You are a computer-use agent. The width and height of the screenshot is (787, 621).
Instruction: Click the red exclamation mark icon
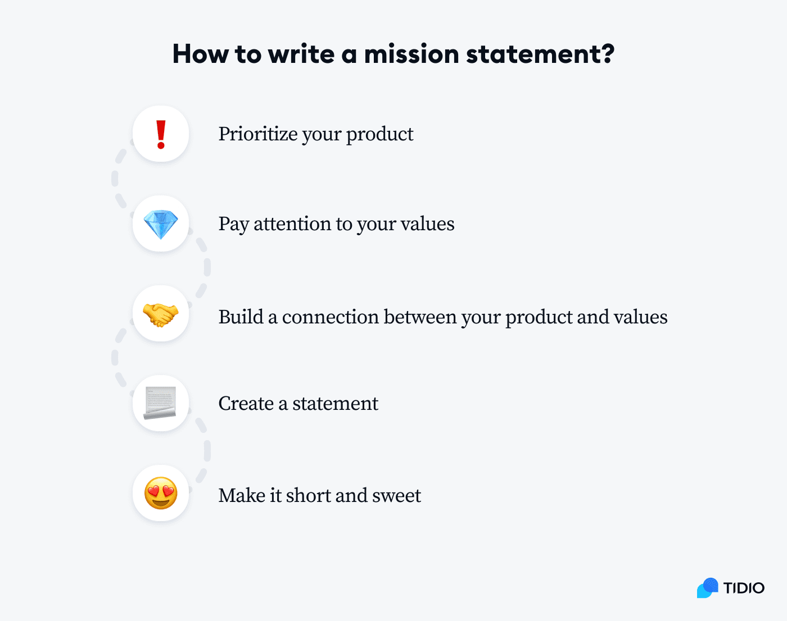(161, 135)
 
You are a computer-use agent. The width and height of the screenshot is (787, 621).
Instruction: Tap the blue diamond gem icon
(161, 225)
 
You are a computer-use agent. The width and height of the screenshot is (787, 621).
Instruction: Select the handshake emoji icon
(161, 314)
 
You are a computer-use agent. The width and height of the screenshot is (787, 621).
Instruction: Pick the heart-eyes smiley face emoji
(161, 494)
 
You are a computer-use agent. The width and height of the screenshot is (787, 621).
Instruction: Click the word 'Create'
(246, 404)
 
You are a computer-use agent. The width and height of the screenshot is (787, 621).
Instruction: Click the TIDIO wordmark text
(744, 588)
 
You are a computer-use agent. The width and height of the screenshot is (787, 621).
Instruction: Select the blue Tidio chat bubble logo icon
(708, 588)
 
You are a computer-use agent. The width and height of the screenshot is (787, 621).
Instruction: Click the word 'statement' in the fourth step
(335, 404)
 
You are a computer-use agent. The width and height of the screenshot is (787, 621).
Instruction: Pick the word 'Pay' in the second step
(233, 225)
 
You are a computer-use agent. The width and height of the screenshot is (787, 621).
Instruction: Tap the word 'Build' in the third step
(241, 317)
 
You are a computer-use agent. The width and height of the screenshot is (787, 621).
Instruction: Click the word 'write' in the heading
(301, 54)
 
